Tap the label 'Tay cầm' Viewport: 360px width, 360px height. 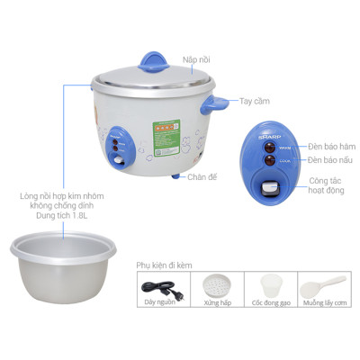point(255,102)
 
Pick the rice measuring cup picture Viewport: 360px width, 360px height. point(269,291)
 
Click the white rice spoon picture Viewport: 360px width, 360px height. point(322,291)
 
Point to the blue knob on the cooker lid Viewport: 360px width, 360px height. point(157,58)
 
